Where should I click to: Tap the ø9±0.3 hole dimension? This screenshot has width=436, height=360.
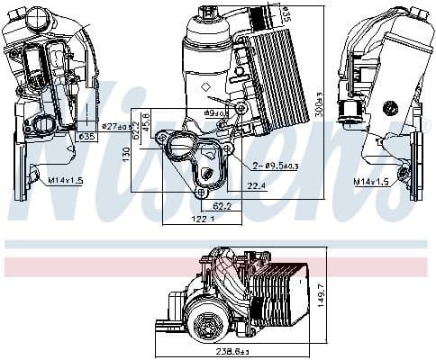[215, 114]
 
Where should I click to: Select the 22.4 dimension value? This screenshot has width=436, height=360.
[258, 186]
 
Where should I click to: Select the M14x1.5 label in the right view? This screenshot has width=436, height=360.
[370, 181]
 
